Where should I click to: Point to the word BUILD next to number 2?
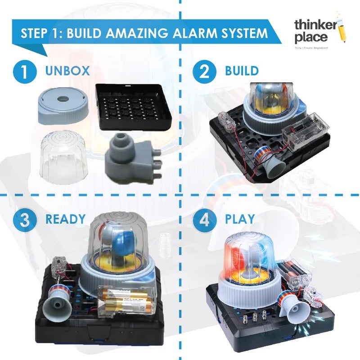[x=243, y=71]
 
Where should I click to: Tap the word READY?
[x=65, y=219]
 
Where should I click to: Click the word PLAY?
[x=239, y=220]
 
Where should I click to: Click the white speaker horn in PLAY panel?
[x=295, y=311]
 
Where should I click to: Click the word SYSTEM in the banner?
[x=243, y=33]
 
